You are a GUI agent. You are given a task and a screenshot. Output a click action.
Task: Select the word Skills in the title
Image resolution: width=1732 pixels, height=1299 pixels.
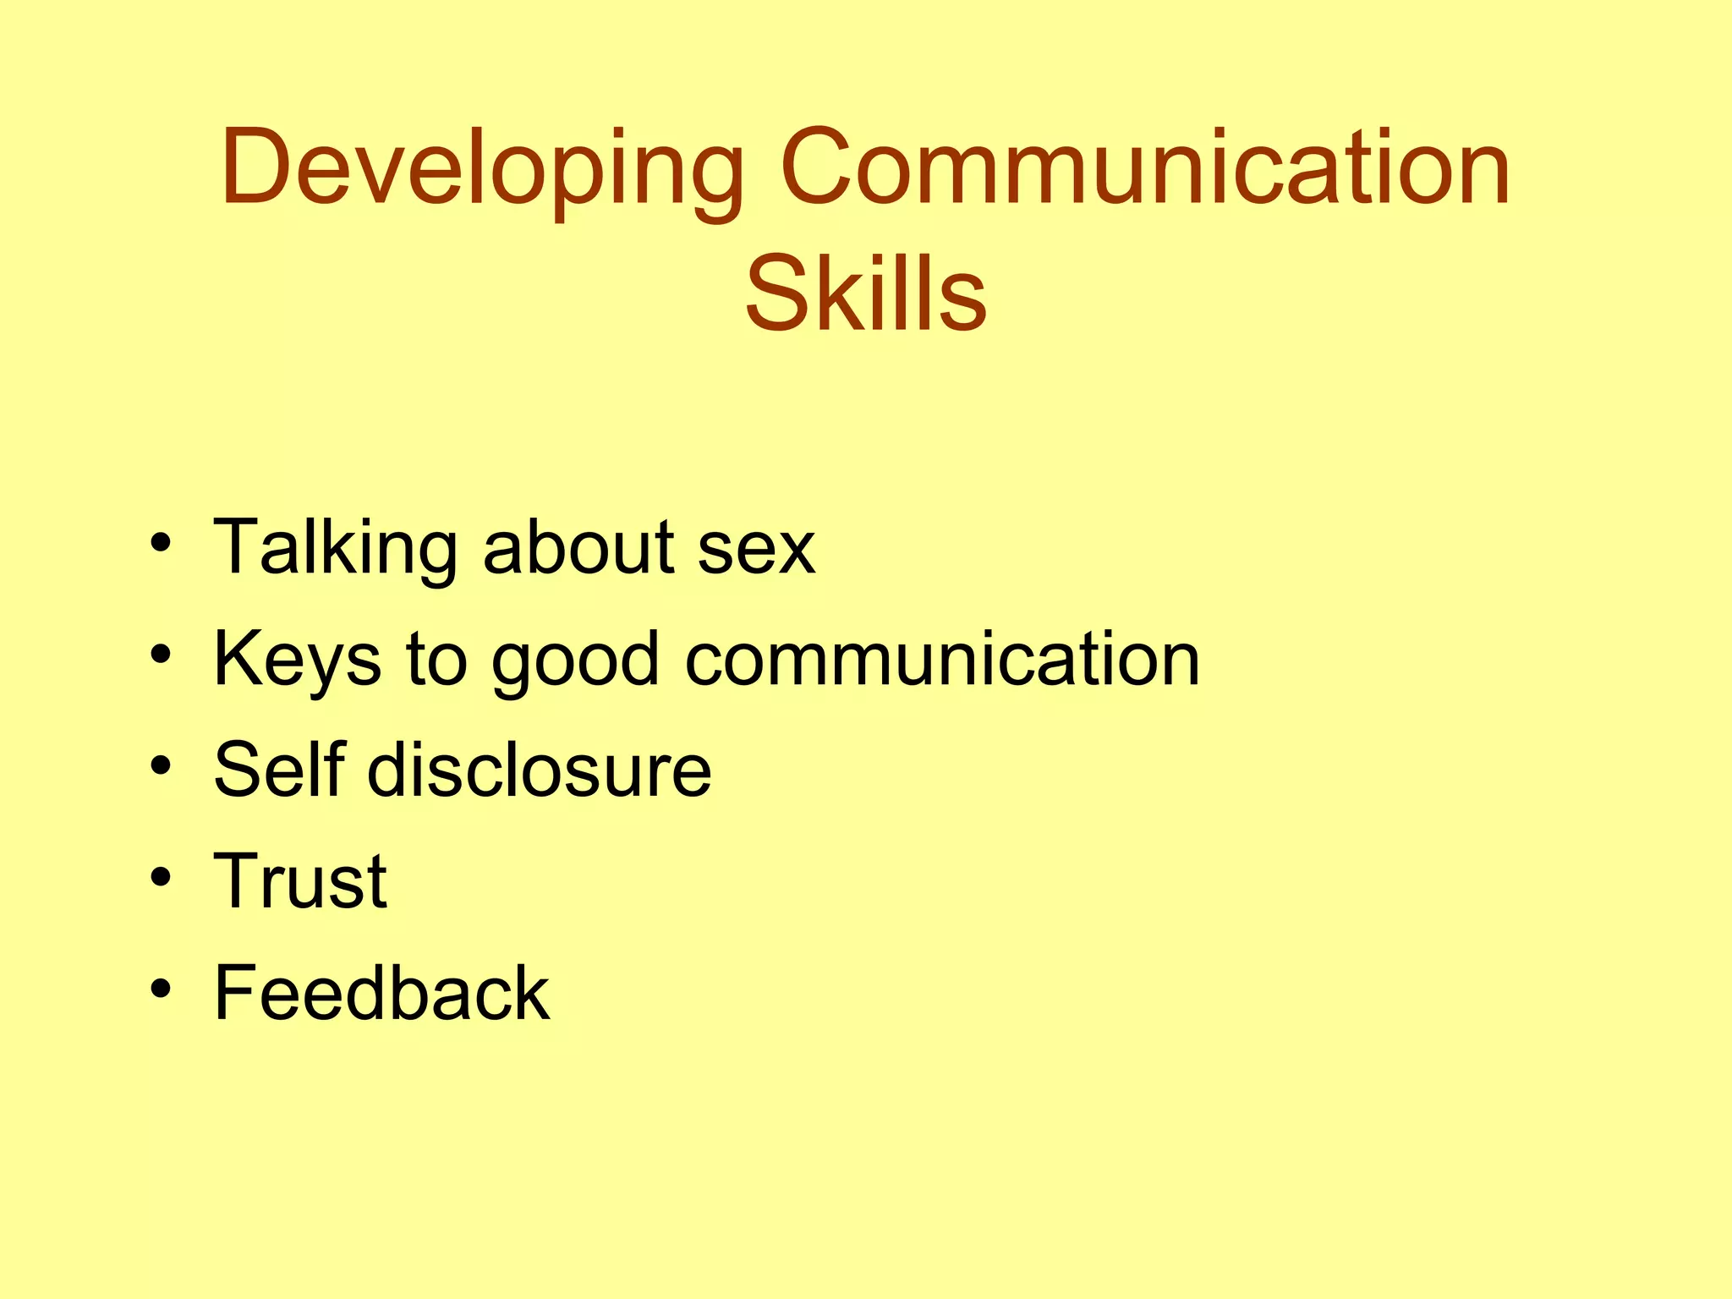point(865,293)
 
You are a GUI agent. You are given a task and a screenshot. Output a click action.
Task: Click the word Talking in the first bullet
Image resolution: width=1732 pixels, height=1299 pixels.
point(336,548)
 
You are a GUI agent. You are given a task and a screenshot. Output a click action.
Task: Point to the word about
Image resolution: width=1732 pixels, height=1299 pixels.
point(578,548)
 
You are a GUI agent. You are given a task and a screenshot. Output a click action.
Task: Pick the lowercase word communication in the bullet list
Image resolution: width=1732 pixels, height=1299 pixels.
point(942,660)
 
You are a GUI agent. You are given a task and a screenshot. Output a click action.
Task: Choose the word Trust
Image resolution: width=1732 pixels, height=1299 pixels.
point(300,881)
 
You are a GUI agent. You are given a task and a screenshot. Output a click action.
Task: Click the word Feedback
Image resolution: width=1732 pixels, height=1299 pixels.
point(381,993)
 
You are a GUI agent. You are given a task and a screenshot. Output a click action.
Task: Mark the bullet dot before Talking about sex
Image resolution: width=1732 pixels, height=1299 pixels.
point(162,542)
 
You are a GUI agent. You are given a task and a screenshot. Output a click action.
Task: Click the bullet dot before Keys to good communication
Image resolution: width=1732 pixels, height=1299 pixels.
point(162,654)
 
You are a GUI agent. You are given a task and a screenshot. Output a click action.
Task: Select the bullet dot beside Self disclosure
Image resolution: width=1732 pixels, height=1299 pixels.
point(162,765)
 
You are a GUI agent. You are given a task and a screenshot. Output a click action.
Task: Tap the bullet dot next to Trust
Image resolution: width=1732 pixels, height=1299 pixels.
point(162,877)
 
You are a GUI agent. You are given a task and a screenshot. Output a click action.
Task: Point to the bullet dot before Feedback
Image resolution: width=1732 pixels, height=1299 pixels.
point(162,988)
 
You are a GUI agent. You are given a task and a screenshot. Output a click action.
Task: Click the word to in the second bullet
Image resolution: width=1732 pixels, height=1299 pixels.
point(436,660)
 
